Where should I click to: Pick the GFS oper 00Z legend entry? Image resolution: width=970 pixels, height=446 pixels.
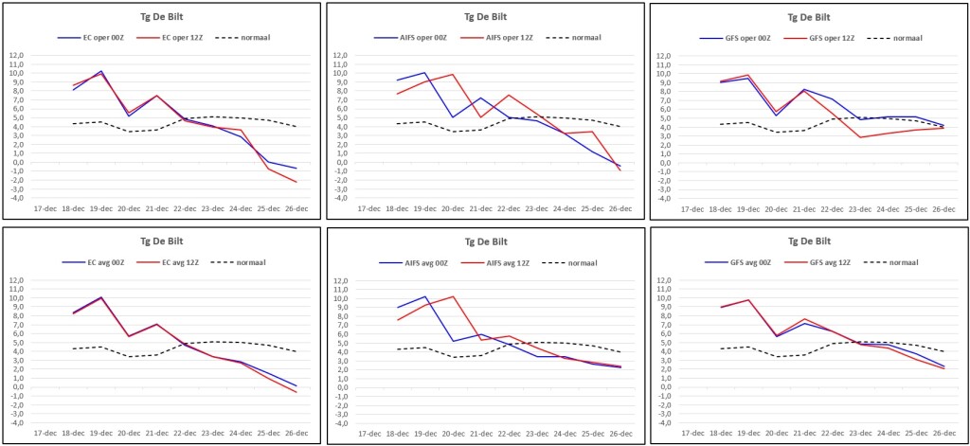click(735, 39)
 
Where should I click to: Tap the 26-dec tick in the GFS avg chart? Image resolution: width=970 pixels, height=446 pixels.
click(944, 433)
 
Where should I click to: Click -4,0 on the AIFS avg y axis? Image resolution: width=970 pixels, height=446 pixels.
click(340, 423)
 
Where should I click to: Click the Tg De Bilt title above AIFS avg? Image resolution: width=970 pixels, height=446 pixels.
click(484, 241)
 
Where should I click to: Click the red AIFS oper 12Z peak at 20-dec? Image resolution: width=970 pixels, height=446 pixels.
click(453, 74)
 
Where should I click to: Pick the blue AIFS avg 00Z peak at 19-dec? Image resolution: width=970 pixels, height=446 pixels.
click(425, 296)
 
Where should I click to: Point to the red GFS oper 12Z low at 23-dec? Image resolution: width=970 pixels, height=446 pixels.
click(860, 137)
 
